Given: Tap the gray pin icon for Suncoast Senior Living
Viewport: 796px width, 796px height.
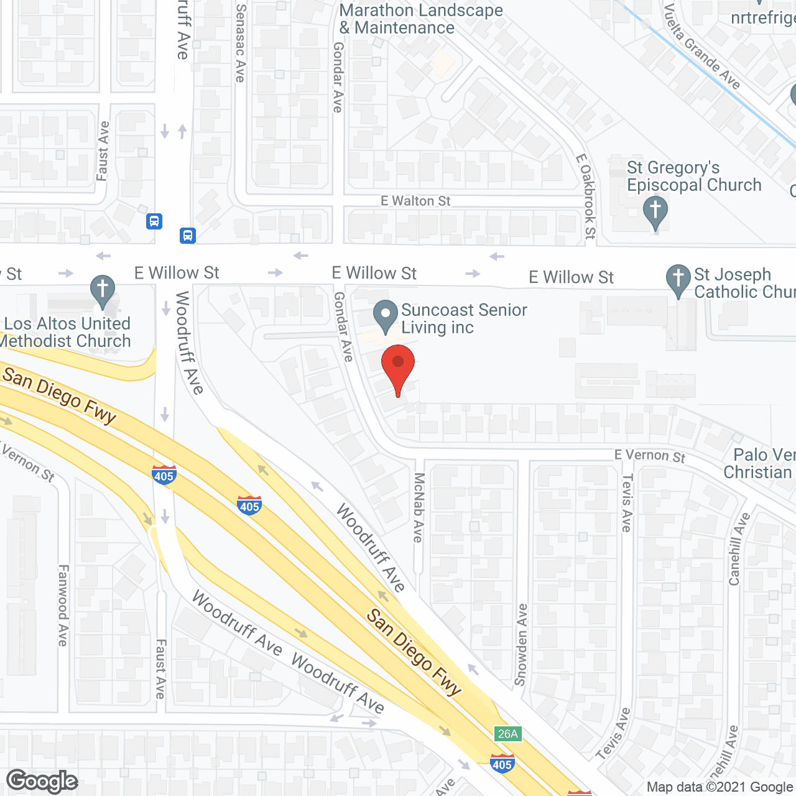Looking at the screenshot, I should click(x=386, y=315).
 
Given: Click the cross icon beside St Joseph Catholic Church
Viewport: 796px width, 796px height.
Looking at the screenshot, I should click(x=678, y=279).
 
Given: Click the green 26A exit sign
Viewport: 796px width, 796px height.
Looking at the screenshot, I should click(x=507, y=734).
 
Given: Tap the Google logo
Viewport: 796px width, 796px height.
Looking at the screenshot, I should click(x=42, y=781).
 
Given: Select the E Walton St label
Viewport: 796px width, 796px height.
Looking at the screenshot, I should click(x=415, y=201).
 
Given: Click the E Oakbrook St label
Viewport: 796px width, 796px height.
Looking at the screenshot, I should click(x=586, y=197).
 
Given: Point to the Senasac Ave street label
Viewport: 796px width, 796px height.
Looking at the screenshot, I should click(x=241, y=43).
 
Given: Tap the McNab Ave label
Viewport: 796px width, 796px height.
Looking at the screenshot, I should click(x=419, y=507).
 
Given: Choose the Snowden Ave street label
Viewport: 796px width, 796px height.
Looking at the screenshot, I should click(x=521, y=644).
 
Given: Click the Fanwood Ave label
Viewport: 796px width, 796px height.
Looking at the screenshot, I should click(x=63, y=605).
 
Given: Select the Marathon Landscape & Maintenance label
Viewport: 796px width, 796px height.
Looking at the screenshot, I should click(x=421, y=19).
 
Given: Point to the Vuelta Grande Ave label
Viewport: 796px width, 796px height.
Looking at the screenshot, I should click(x=702, y=47).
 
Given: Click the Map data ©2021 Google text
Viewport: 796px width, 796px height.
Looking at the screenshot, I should click(x=720, y=787).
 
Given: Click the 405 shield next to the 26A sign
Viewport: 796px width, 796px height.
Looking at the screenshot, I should click(x=501, y=764).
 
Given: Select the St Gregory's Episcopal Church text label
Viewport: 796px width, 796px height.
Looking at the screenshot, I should click(x=693, y=177).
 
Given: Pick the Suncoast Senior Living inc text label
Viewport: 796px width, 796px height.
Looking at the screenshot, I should click(x=463, y=318).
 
